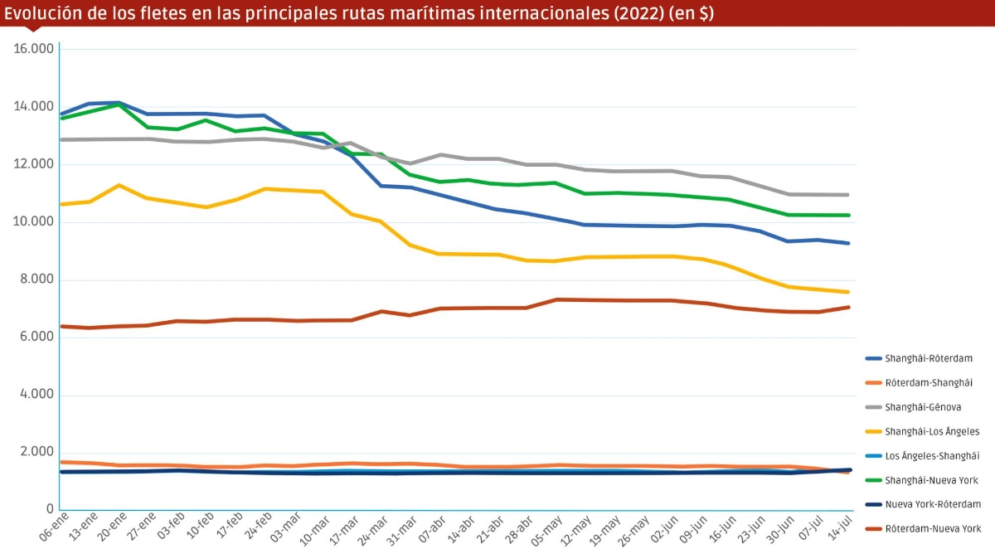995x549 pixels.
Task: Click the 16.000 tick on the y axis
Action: (x=34, y=49)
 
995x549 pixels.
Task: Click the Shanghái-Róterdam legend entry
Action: (x=928, y=358)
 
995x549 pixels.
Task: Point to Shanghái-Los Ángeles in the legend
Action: (x=932, y=431)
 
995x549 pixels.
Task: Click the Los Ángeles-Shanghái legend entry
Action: (x=932, y=455)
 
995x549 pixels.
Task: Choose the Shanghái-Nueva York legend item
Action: (x=931, y=480)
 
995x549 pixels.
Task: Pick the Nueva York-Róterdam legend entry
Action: (x=933, y=504)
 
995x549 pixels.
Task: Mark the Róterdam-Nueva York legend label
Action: (x=933, y=528)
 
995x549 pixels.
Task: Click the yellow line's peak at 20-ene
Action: (x=120, y=185)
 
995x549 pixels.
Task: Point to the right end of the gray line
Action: (x=848, y=195)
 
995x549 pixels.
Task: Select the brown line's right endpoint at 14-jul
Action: (x=848, y=308)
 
